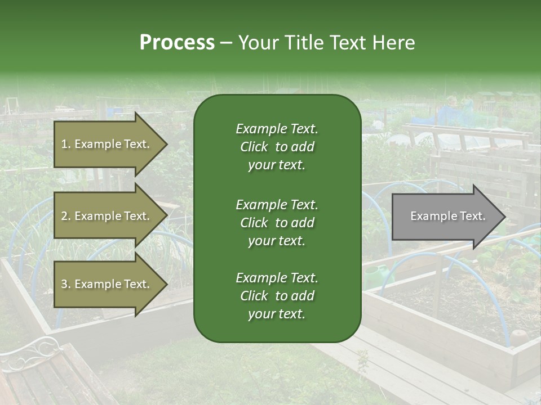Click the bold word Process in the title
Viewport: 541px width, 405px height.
(x=177, y=43)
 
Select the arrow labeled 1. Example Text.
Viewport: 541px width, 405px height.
(x=107, y=144)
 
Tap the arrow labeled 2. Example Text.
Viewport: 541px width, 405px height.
(x=107, y=216)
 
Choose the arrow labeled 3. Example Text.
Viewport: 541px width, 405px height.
(x=107, y=284)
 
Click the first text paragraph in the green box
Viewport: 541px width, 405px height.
(x=277, y=147)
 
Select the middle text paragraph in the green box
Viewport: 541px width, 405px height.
(x=277, y=222)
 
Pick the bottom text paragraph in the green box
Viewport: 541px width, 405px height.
(x=277, y=296)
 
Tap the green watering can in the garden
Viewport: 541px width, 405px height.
(x=375, y=276)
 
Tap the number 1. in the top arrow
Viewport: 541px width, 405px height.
(x=66, y=144)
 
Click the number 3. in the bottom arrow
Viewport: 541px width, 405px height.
(x=66, y=284)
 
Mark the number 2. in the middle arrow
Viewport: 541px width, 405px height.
(x=66, y=216)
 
